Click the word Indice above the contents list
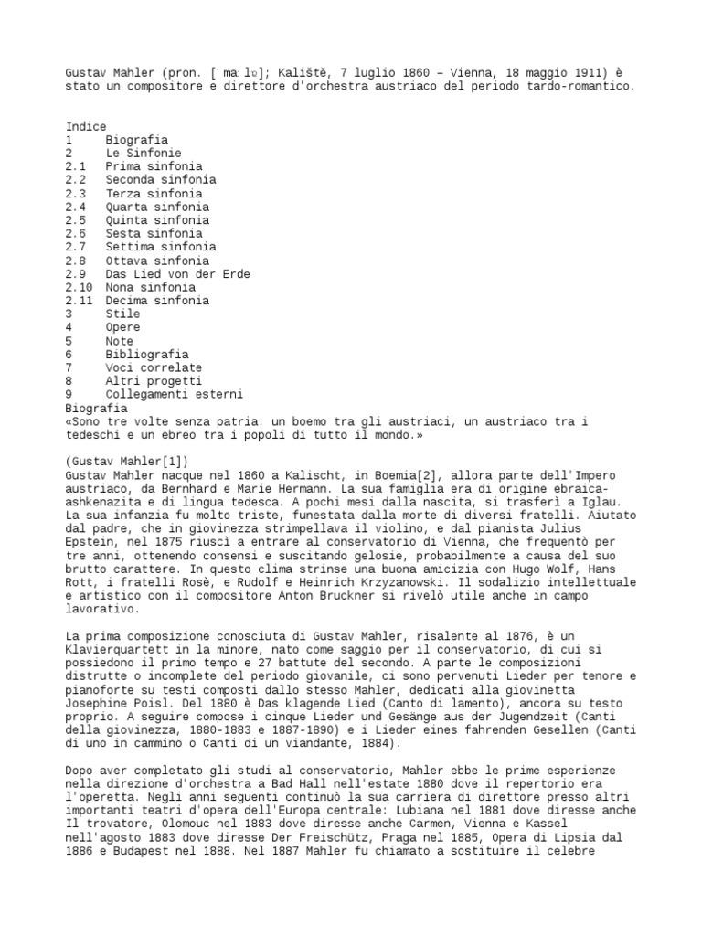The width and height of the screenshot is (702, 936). [x=86, y=126]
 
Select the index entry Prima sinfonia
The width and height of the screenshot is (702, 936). [x=154, y=166]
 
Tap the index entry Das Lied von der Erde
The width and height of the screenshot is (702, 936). [x=177, y=273]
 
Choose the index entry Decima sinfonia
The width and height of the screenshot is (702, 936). [x=157, y=300]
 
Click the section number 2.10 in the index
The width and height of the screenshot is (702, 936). [x=80, y=287]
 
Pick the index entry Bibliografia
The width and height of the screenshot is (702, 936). [x=147, y=354]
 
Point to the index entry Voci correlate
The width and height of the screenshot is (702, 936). [x=154, y=367]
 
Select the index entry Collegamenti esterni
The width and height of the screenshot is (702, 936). [x=174, y=394]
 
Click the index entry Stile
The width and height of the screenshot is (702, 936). [x=122, y=314]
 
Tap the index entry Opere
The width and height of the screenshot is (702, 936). [x=122, y=327]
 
